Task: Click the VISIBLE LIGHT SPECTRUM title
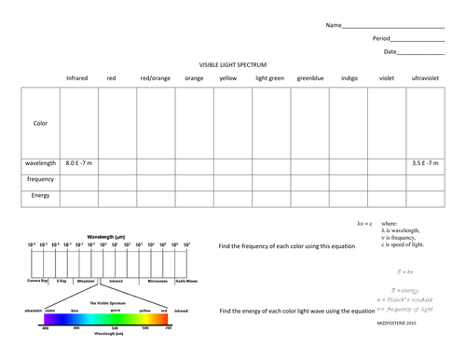click(x=233, y=64)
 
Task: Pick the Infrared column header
click(x=78, y=78)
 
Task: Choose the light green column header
click(x=269, y=78)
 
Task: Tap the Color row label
click(x=40, y=122)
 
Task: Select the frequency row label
click(x=40, y=178)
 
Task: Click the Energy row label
click(x=40, y=195)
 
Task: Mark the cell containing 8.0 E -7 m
click(x=78, y=163)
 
